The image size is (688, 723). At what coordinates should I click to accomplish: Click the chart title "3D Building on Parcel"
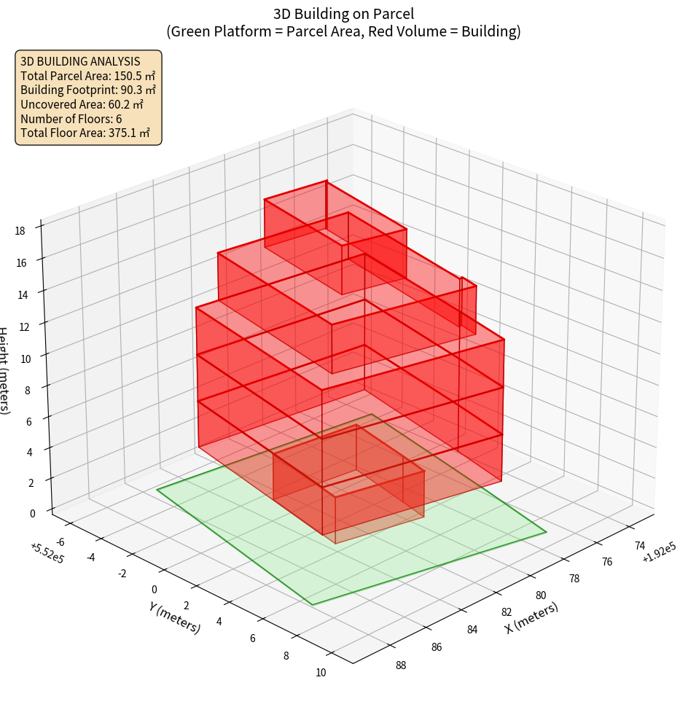click(343, 13)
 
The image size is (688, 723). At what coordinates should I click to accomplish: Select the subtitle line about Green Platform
click(343, 31)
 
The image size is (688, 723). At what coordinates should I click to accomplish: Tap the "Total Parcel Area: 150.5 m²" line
click(87, 75)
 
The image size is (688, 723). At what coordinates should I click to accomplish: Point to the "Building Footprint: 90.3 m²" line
click(88, 90)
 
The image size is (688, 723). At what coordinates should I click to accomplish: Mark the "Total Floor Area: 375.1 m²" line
click(85, 133)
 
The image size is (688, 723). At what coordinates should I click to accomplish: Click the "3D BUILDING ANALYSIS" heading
click(80, 60)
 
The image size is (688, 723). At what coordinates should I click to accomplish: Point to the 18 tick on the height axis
click(20, 231)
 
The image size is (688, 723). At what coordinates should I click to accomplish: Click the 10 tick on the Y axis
click(321, 672)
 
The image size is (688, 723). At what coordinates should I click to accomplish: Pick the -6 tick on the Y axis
click(60, 542)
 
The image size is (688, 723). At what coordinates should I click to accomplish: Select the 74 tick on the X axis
click(640, 545)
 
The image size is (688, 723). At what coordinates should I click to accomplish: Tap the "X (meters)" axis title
click(532, 618)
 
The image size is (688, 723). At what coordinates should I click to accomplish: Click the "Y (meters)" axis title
click(173, 617)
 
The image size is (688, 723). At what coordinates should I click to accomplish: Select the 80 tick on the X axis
click(540, 595)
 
